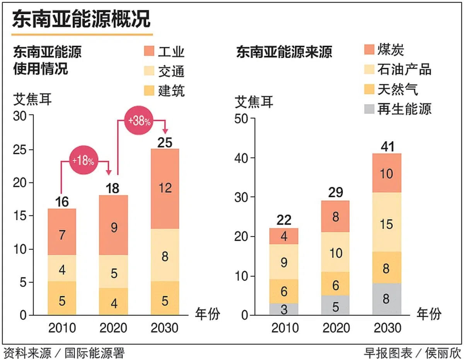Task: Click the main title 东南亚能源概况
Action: [x=81, y=19]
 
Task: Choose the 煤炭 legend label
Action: [x=391, y=49]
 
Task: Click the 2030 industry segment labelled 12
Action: [x=165, y=189]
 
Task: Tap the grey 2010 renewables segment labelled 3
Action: [x=284, y=309]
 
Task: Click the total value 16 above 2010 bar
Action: [x=62, y=201]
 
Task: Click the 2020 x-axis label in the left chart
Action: [x=113, y=328]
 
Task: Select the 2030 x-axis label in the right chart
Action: [x=387, y=328]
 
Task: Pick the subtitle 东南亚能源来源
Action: [x=284, y=52]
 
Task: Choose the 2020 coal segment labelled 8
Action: [x=335, y=216]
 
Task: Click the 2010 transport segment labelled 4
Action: [x=62, y=269]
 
